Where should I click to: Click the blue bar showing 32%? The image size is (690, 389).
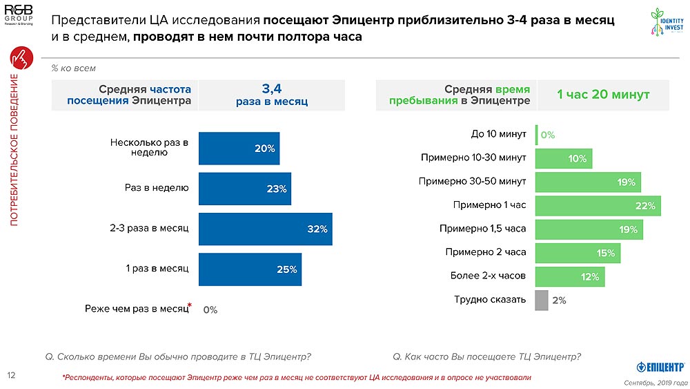click(x=265, y=229)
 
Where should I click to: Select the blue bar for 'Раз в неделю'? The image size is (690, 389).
click(x=244, y=189)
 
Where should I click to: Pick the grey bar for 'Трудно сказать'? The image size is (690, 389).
click(x=542, y=300)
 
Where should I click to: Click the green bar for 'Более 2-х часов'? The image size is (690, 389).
click(x=570, y=276)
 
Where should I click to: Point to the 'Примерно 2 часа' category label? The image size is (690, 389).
click(x=486, y=252)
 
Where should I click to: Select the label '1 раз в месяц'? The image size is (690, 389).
click(x=157, y=268)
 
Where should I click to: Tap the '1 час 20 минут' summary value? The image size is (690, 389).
click(x=603, y=95)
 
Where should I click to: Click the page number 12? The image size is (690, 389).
click(x=11, y=375)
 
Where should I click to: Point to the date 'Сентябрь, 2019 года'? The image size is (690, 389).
click(x=655, y=382)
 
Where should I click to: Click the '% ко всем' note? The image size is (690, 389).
click(x=73, y=68)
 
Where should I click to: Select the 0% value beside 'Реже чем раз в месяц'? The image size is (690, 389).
click(x=210, y=310)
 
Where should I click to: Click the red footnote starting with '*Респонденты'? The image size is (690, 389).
click(x=297, y=378)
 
